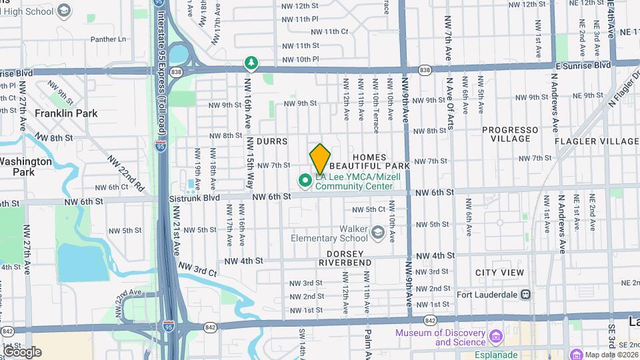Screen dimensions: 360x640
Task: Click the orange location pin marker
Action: coord(320,159)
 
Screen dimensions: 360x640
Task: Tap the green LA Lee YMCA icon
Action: coord(305,180)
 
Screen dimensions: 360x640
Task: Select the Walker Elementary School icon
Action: coord(379,233)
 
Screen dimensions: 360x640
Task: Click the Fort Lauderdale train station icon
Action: coord(525,294)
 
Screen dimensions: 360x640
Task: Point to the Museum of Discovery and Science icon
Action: coord(495,335)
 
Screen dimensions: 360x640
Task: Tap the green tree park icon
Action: coord(251,63)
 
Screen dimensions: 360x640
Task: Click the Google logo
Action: coord(22,351)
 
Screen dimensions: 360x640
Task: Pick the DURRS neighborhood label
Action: coord(271,141)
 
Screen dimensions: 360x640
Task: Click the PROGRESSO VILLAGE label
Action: coord(510,135)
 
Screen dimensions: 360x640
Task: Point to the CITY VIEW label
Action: coord(499,273)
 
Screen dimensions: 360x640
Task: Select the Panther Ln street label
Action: coord(108,39)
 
